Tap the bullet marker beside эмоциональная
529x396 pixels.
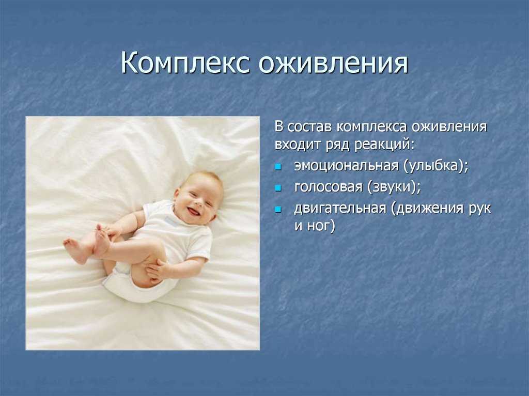(x=278, y=167)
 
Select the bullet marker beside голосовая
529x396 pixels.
(x=278, y=188)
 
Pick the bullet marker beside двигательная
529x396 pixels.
(x=278, y=210)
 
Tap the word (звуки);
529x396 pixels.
(x=394, y=187)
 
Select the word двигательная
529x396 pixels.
(x=340, y=208)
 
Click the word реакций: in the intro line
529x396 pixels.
(x=384, y=146)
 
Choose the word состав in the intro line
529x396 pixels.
(x=310, y=128)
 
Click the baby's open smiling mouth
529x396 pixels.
(x=193, y=212)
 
